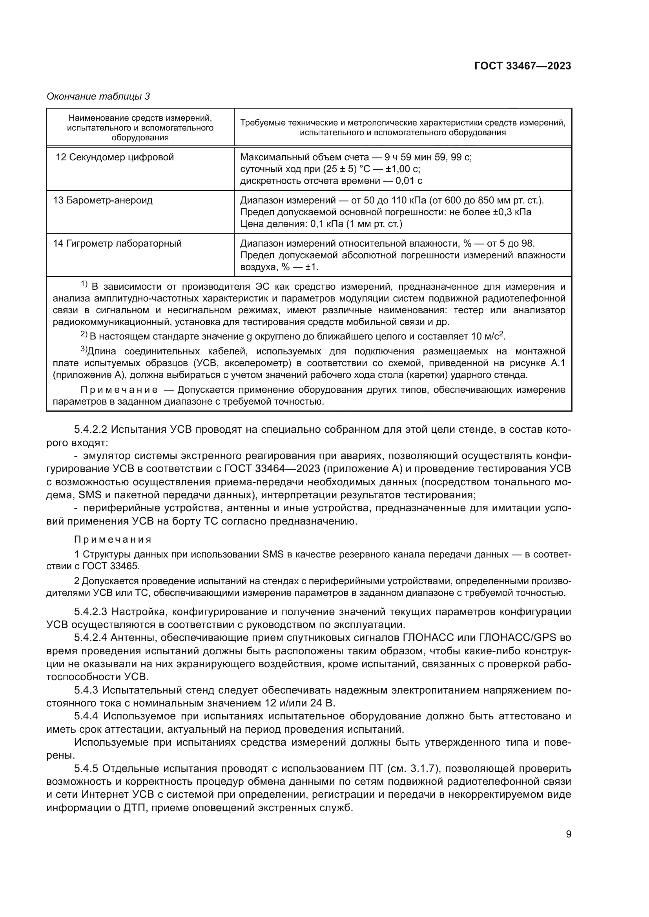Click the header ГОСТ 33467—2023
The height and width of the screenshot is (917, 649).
(x=523, y=66)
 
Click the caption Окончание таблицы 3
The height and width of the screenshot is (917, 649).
(x=98, y=96)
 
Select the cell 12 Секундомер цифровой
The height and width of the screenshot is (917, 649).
(x=115, y=157)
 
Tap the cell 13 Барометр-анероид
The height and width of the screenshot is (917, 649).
(x=103, y=200)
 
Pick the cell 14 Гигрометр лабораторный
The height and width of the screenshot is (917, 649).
(x=117, y=243)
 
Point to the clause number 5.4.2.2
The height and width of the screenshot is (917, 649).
(x=91, y=430)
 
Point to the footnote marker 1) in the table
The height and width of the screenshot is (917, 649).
(x=84, y=284)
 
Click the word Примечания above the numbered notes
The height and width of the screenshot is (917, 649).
(x=113, y=539)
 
